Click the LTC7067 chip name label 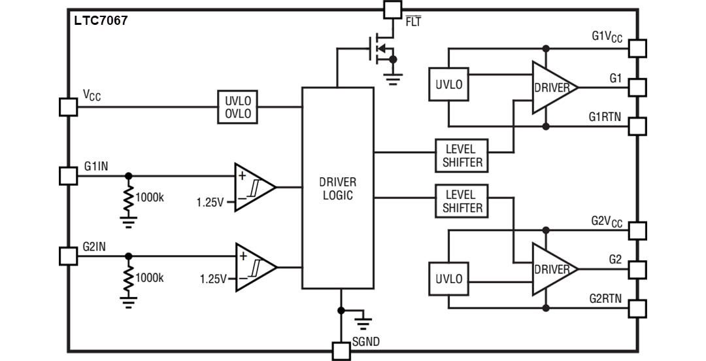pos(101,21)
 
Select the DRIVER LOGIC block pos(337,188)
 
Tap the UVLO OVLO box pos(238,107)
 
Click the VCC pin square pos(68,107)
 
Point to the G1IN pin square pos(68,175)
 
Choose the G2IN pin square pos(68,256)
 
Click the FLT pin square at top pos(392,9)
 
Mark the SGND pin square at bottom pos(341,351)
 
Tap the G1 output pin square pos(637,87)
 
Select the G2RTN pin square pos(637,308)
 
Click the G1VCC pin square pos(637,48)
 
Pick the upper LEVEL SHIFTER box pos(462,156)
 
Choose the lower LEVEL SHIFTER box pos(462,201)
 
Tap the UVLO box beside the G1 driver pos(448,84)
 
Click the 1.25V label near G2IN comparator pos(213,279)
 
